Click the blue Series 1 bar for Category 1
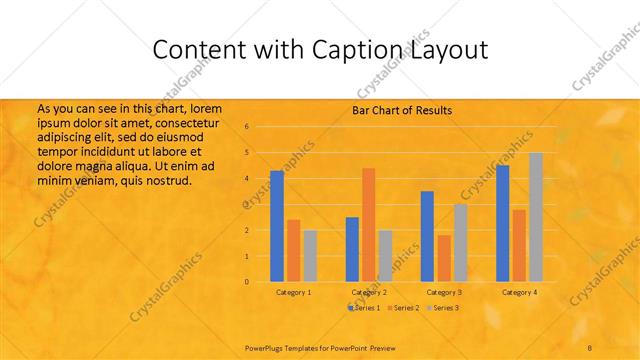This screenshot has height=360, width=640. point(277,226)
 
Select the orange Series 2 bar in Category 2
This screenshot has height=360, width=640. point(368,225)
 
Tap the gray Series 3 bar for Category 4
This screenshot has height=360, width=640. point(535,217)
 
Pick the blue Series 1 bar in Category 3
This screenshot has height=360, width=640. point(427,236)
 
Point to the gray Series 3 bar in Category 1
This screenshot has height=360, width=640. point(310,256)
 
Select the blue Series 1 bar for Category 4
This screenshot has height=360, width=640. point(502,223)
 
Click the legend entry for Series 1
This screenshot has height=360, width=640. point(365,308)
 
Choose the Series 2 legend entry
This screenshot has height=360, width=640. point(403,308)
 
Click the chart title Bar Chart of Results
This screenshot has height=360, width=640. point(402,110)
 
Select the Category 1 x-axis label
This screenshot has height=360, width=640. point(293,292)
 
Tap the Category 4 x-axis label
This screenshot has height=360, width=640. point(519,292)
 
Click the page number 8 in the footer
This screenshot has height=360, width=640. point(591,346)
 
